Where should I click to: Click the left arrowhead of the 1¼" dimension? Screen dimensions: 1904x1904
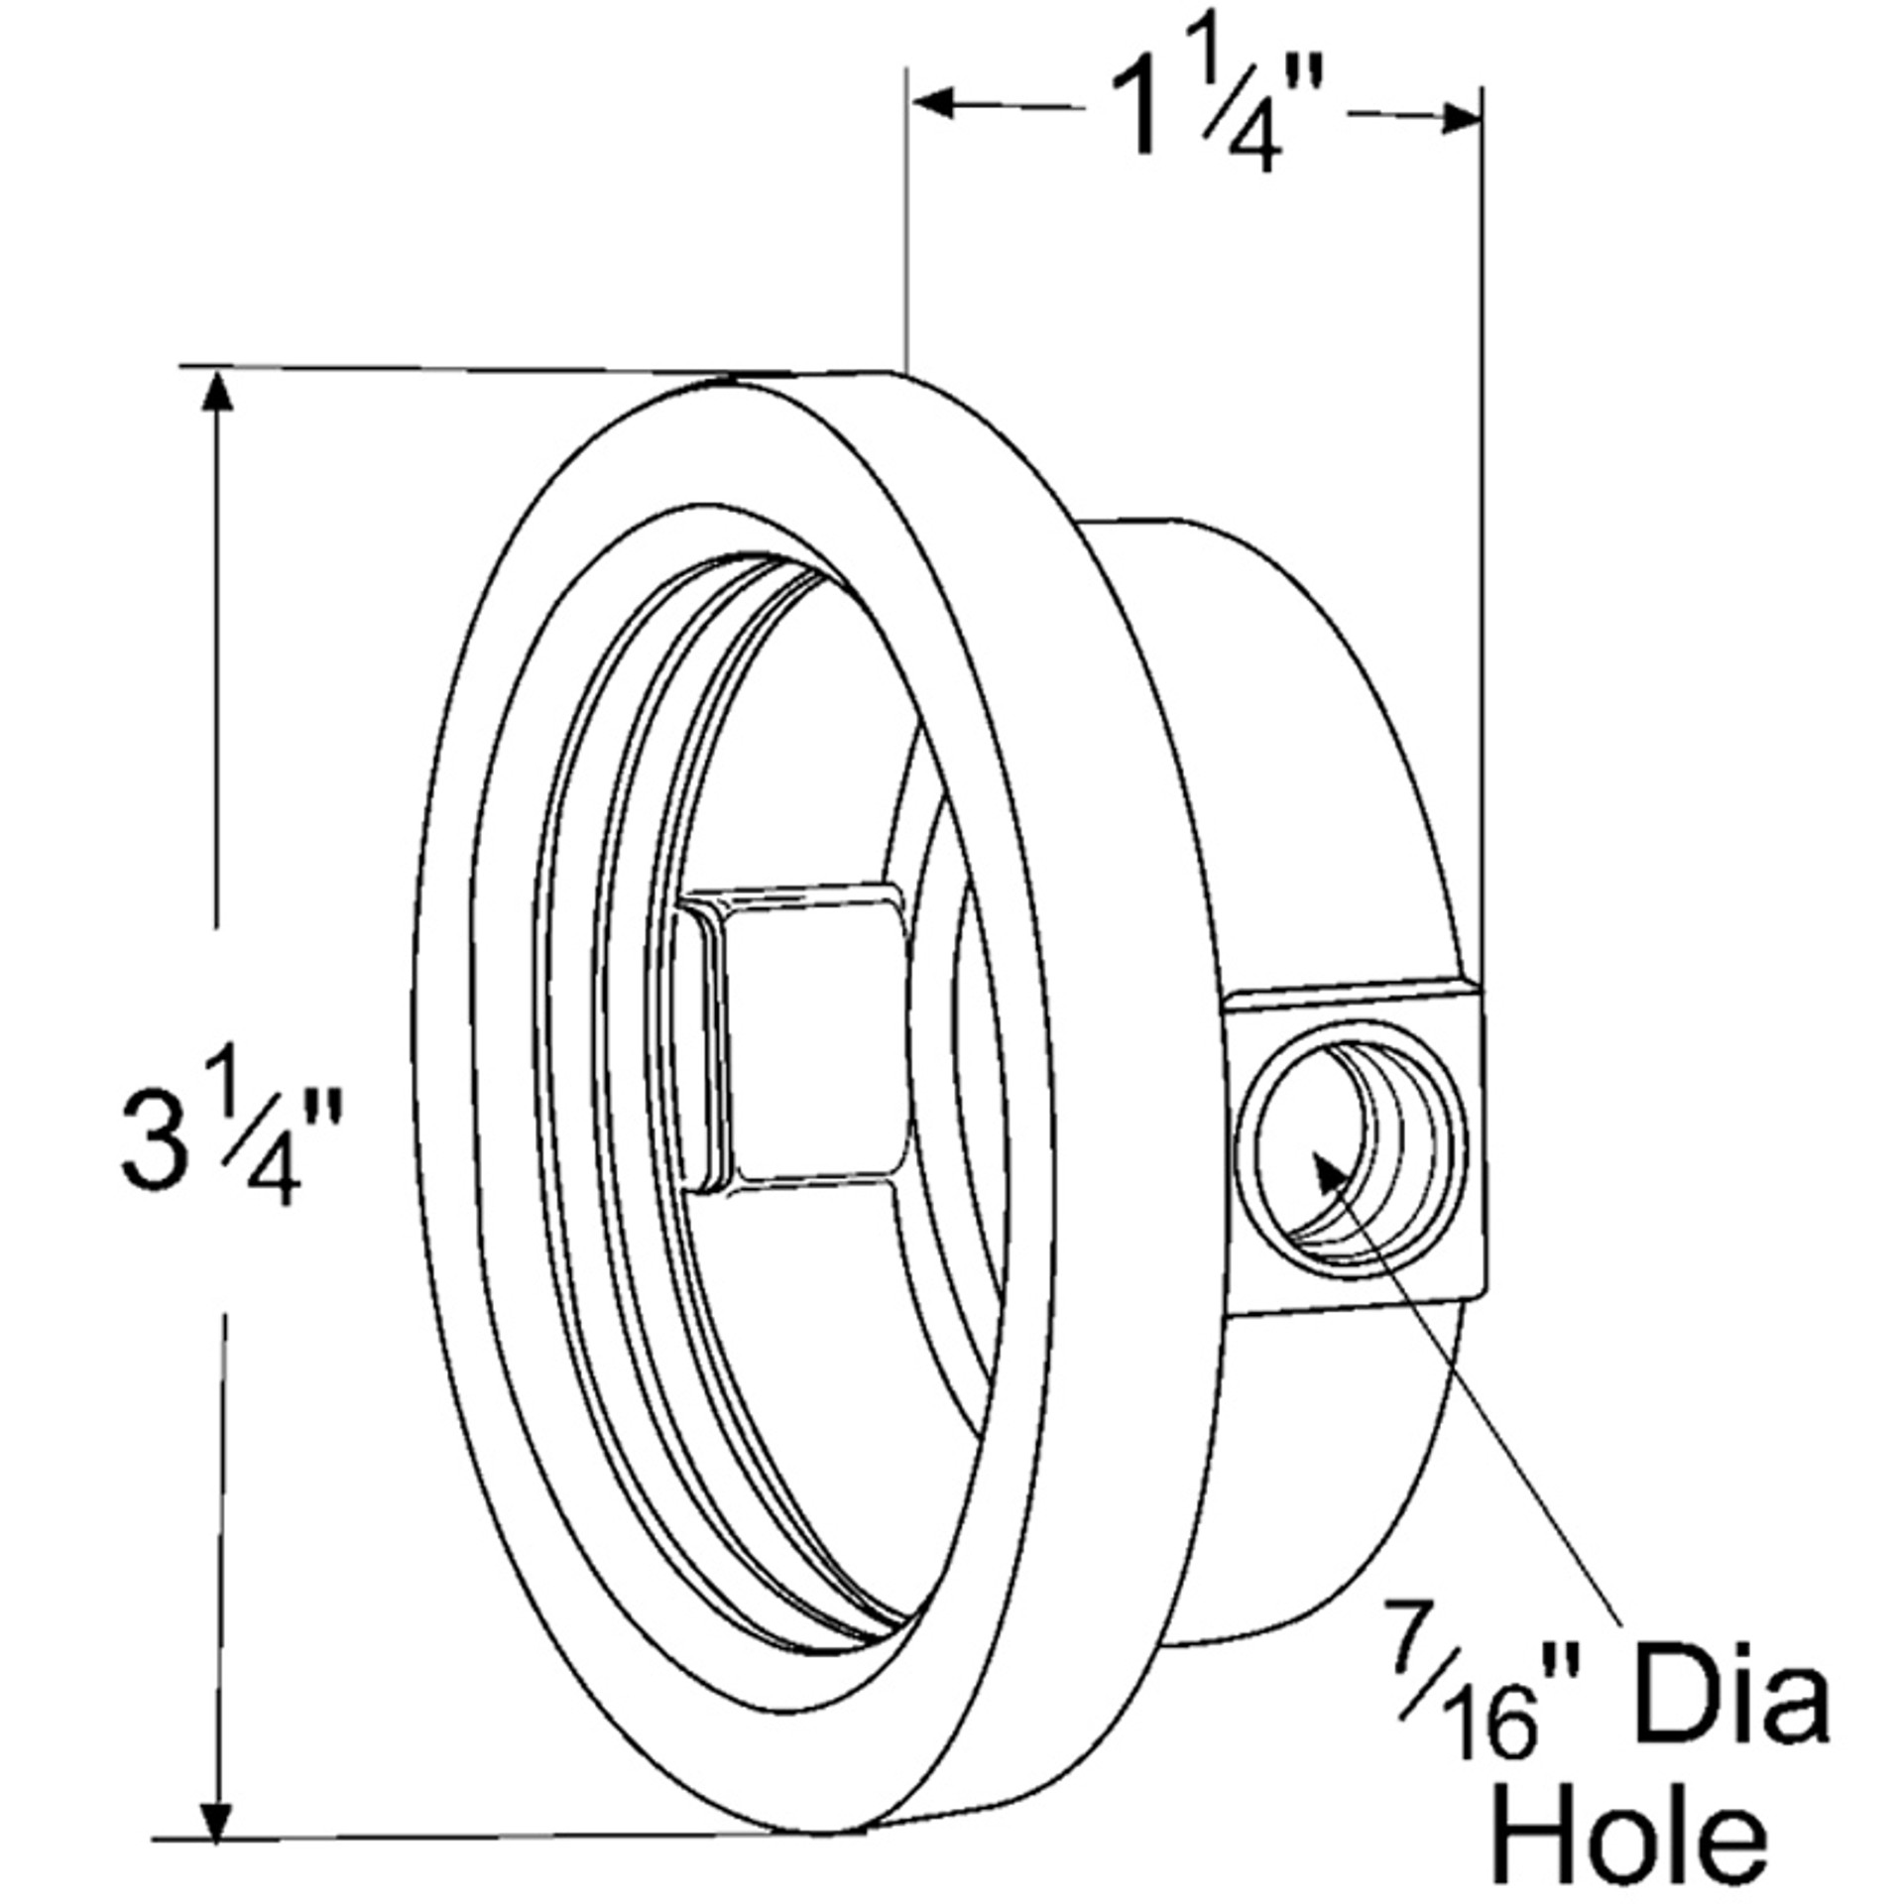(x=932, y=102)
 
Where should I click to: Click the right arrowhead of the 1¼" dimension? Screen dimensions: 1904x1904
(x=1462, y=119)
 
